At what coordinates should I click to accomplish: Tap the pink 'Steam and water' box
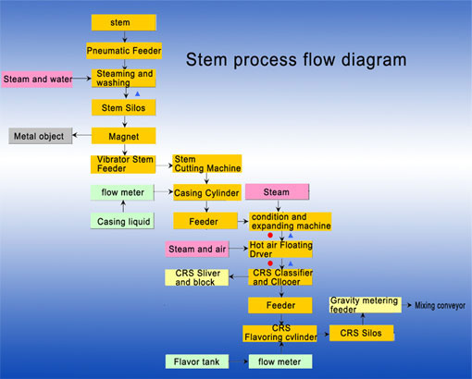click(37, 79)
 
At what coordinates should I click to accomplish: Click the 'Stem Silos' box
click(123, 107)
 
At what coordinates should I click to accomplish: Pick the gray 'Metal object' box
click(39, 137)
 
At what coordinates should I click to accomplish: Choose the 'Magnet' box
click(123, 136)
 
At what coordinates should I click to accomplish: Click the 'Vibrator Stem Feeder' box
click(123, 164)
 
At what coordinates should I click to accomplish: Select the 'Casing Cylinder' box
click(207, 193)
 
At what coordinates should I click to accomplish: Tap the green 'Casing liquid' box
click(123, 222)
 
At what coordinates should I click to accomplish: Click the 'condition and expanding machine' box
click(290, 222)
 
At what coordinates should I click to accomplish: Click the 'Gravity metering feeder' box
click(365, 304)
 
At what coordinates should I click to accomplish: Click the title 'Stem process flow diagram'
click(295, 60)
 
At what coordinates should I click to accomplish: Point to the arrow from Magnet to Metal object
click(80, 137)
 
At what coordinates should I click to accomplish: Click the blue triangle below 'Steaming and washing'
click(137, 94)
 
